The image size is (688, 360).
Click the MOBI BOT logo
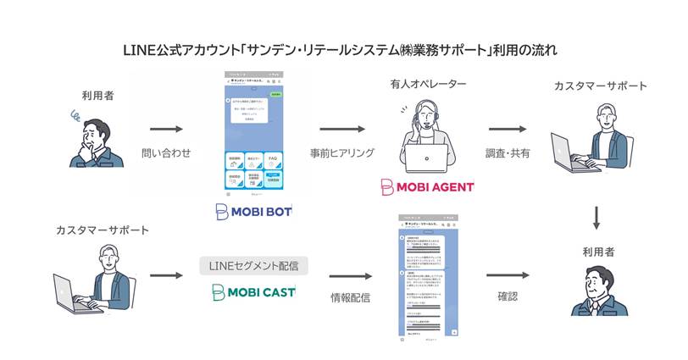pyautogui.click(x=254, y=211)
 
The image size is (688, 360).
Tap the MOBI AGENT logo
pyautogui.click(x=427, y=186)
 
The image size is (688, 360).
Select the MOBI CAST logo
pyautogui.click(x=253, y=292)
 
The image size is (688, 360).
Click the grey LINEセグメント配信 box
pyautogui.click(x=253, y=266)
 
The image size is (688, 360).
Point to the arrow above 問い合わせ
pyautogui.click(x=167, y=130)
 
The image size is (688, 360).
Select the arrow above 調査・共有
pyautogui.click(x=506, y=130)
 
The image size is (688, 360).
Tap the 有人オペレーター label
pyautogui.click(x=425, y=86)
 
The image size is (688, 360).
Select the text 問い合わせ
pyautogui.click(x=167, y=153)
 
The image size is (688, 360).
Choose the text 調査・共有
pyautogui.click(x=506, y=153)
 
